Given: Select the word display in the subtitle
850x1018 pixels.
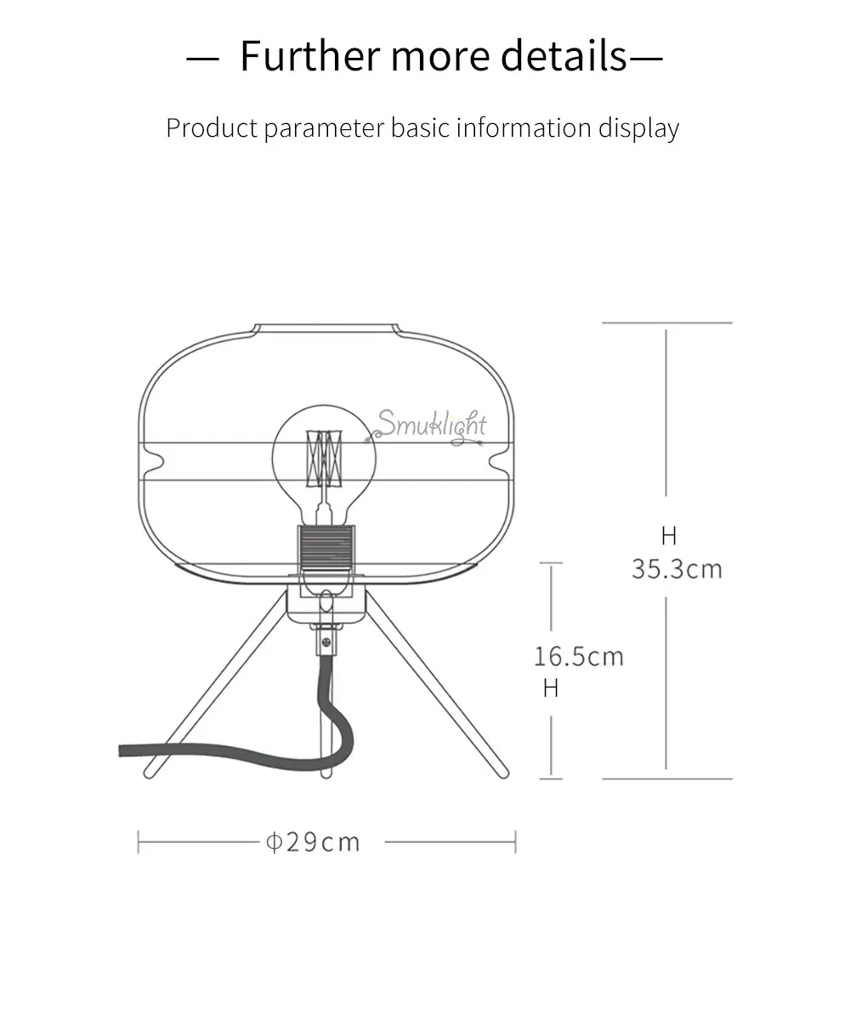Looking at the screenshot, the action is [x=639, y=128].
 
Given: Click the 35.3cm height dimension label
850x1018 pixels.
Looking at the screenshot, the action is [x=677, y=568].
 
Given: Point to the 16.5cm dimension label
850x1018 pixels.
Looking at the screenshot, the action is [x=579, y=656].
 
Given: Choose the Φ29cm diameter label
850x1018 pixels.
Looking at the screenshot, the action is [x=312, y=842].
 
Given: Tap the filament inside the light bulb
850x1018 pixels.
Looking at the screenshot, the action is [x=324, y=458].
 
